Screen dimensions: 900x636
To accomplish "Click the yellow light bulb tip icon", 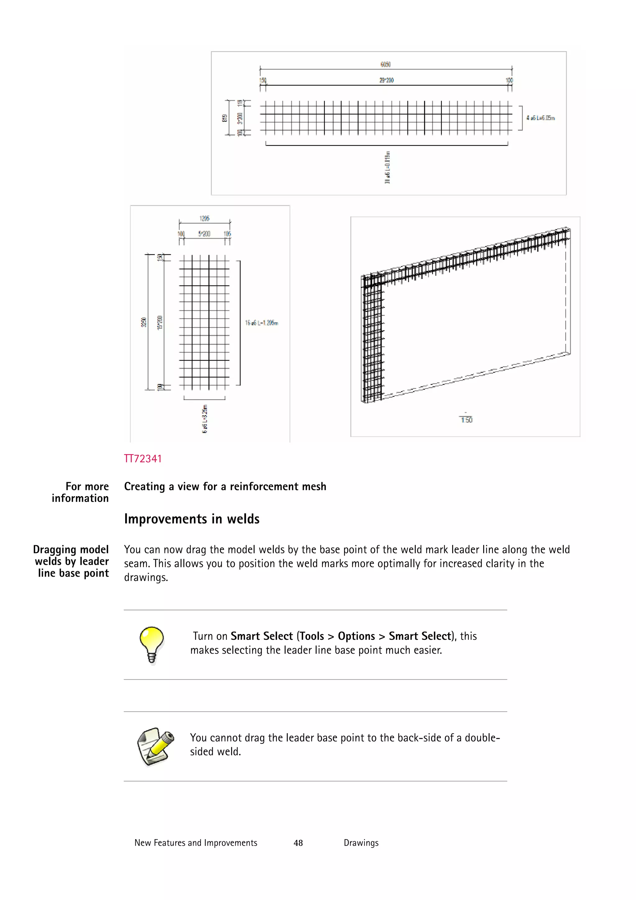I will [x=152, y=644].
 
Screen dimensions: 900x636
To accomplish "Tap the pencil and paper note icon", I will [x=155, y=746].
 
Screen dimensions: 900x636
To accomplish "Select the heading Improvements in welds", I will [x=192, y=519].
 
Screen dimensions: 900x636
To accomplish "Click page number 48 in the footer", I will [x=298, y=843].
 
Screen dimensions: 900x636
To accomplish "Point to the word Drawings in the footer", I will [x=361, y=843].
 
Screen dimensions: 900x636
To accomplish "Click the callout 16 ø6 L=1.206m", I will [x=261, y=323].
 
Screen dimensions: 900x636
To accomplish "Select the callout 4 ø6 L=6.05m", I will [x=540, y=118].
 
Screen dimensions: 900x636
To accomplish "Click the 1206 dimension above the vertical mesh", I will [x=204, y=218].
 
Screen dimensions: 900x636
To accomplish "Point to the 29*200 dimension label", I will [x=386, y=80].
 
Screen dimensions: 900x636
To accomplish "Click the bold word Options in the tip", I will [x=356, y=636].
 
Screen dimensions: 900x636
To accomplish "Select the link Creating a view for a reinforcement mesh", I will [x=225, y=487].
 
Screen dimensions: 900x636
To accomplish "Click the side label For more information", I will [x=80, y=492].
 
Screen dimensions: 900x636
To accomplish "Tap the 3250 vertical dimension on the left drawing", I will [x=143, y=322].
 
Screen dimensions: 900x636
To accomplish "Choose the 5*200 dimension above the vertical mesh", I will [x=204, y=234].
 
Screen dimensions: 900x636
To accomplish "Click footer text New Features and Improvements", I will [x=196, y=843].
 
